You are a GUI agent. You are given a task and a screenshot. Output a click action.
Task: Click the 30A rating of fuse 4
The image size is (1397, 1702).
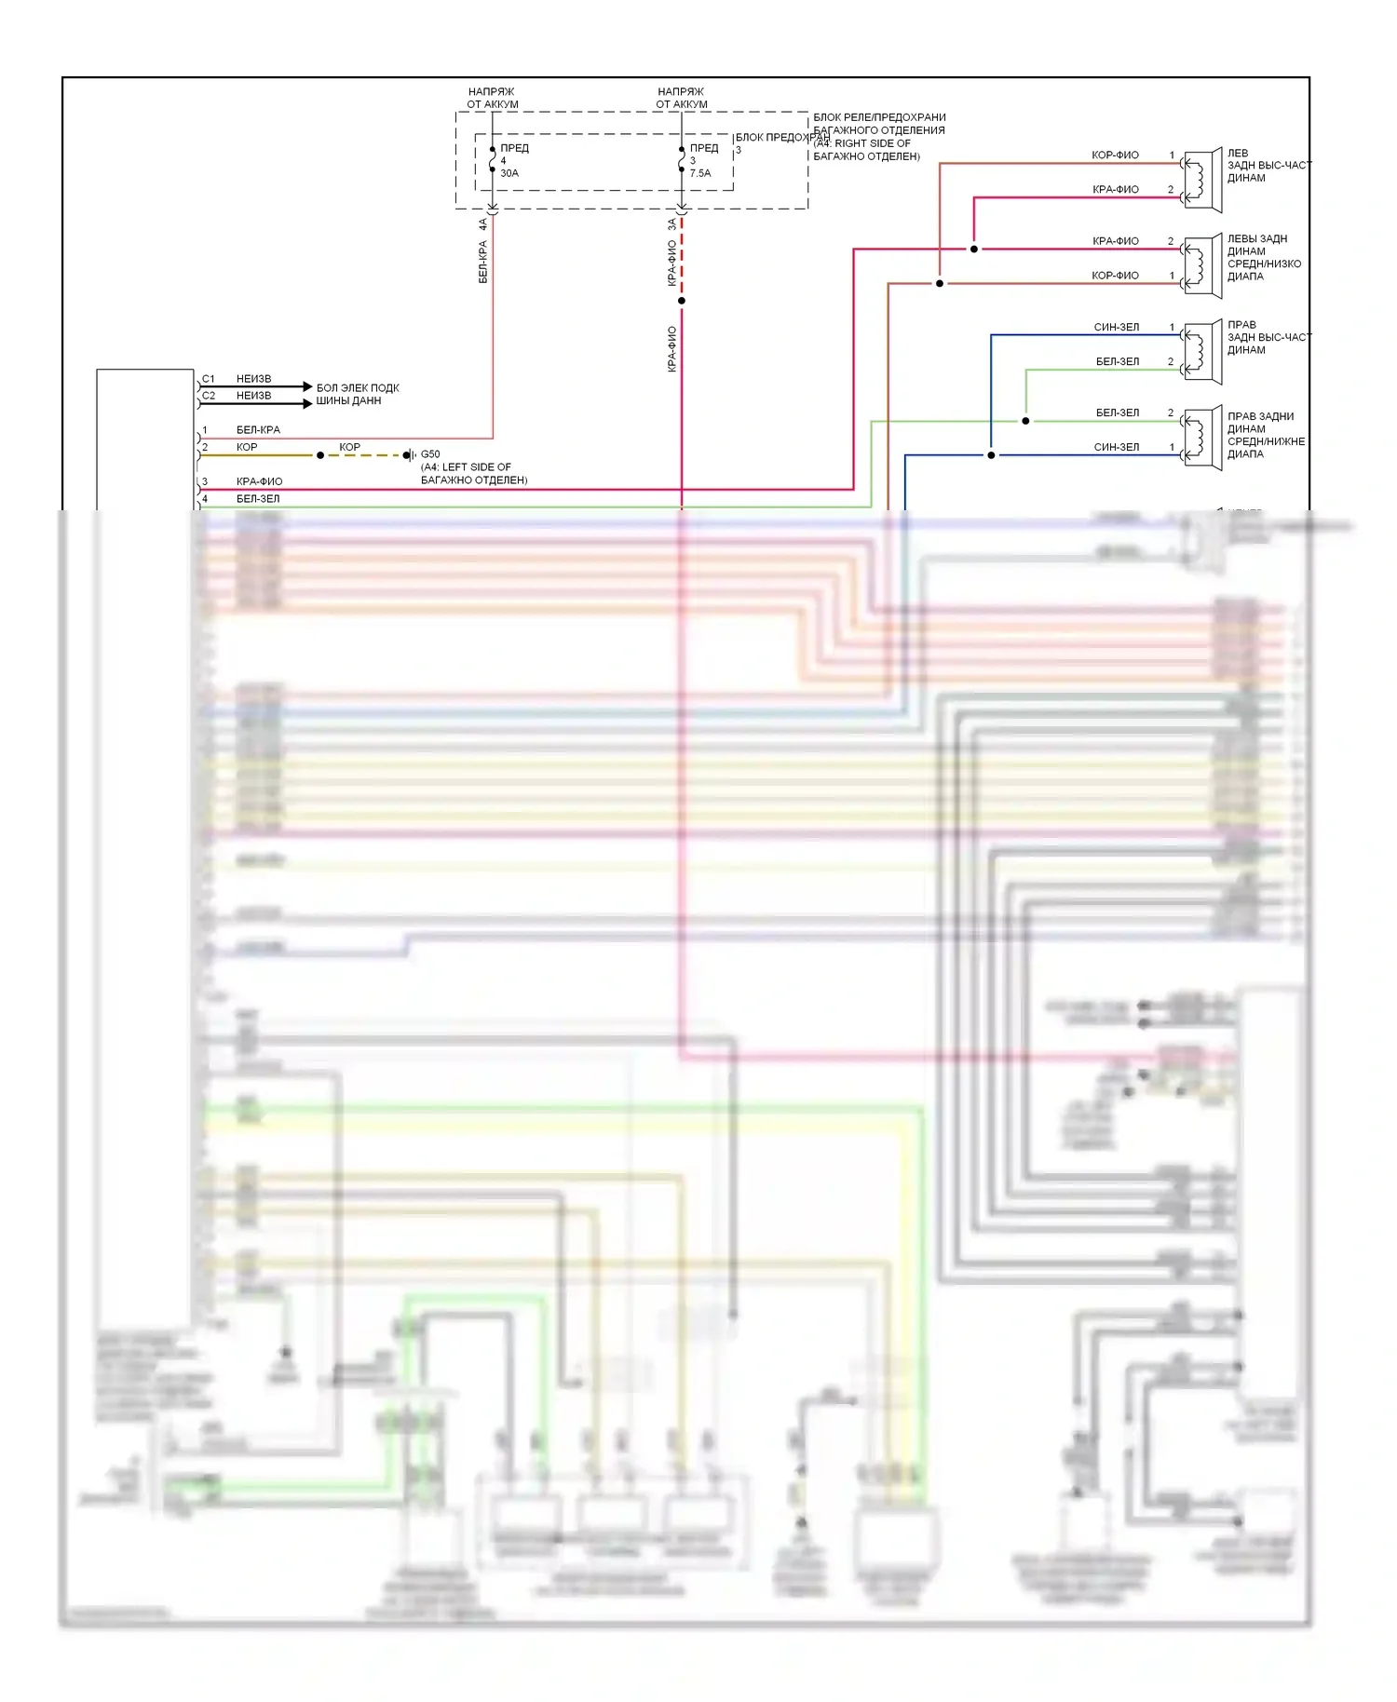(x=509, y=173)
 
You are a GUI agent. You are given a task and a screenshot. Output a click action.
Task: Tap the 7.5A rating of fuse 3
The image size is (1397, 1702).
(x=700, y=173)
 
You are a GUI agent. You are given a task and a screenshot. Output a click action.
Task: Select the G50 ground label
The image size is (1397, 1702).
(x=430, y=454)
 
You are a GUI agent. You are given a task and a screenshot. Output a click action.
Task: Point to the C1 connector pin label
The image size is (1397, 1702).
(x=209, y=379)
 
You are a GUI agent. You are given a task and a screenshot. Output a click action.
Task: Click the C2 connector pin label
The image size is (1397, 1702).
(x=209, y=396)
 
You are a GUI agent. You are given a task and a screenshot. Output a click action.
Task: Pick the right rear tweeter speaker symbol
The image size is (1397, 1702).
(x=1202, y=352)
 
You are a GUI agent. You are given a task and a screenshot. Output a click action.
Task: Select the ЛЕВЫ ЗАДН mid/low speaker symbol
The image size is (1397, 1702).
(x=1202, y=266)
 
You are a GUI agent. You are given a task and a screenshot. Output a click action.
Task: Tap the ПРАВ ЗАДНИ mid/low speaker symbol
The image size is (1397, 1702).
(x=1202, y=439)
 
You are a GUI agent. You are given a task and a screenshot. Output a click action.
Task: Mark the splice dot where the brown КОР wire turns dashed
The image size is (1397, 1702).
(x=320, y=455)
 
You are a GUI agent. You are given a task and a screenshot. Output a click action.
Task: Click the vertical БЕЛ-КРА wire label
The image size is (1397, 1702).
(x=482, y=262)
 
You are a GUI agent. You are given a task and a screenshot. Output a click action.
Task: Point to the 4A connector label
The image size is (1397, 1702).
(x=482, y=224)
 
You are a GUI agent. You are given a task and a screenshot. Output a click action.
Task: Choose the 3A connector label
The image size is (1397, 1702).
(x=672, y=224)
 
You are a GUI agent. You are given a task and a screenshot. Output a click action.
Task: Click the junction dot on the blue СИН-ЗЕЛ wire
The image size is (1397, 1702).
(x=991, y=455)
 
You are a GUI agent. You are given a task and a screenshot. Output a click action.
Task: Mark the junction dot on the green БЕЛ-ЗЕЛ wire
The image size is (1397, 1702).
(x=1025, y=421)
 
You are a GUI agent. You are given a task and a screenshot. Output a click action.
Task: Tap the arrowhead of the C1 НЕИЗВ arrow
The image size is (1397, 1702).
(x=307, y=386)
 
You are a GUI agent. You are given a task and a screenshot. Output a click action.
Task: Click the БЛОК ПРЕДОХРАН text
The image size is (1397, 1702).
(x=781, y=138)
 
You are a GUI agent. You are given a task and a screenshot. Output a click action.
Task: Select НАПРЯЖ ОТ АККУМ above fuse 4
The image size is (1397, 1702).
(x=492, y=98)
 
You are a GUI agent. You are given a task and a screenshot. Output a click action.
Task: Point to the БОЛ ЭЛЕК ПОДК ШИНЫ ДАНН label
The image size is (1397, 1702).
(x=358, y=394)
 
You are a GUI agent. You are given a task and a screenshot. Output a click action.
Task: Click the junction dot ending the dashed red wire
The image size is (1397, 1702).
(x=682, y=301)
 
